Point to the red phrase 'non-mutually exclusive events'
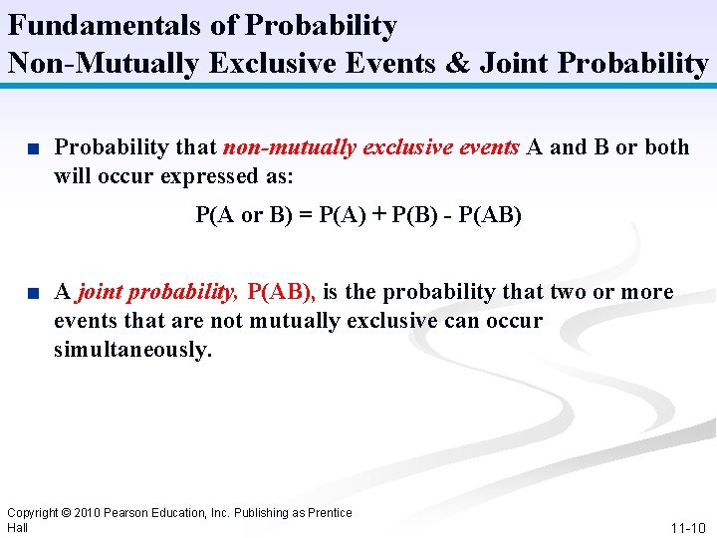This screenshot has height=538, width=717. click(370, 147)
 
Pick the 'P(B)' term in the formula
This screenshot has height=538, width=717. click(413, 214)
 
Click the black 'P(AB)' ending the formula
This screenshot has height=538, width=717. click(489, 214)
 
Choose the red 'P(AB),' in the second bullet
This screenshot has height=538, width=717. click(281, 292)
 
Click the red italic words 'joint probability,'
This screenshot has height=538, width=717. click(157, 292)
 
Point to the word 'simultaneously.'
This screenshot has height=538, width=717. click(133, 351)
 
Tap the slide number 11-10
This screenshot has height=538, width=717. click(688, 527)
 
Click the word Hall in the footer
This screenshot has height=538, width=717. click(18, 527)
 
